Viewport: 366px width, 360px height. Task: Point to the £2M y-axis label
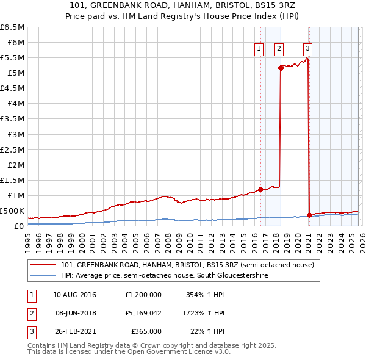16,165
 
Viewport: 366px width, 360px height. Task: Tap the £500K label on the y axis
12,211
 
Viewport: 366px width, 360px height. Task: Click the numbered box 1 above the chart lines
259,49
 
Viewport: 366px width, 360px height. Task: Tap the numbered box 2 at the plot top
279,49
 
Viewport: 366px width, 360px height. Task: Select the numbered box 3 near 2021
308,49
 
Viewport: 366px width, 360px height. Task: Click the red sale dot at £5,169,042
281,68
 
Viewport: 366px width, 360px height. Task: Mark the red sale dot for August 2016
260,189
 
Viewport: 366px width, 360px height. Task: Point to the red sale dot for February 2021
309,215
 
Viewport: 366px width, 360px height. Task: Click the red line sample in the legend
43,265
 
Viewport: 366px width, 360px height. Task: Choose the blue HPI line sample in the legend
43,276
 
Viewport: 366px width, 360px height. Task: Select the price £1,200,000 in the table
142,294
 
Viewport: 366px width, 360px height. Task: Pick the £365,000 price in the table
146,331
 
